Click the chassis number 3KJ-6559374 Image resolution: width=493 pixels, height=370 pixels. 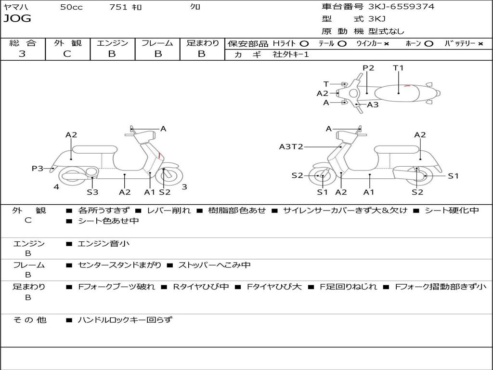click(401, 7)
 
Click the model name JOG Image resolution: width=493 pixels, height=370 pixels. click(17, 19)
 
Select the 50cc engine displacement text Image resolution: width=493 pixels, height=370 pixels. click(71, 7)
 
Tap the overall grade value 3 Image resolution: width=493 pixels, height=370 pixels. click(22, 54)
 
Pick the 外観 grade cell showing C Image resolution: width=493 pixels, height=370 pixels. click(67, 54)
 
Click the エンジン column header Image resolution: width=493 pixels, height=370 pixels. click(112, 43)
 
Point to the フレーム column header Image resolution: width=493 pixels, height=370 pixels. click(157, 43)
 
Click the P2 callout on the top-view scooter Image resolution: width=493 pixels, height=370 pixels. click(368, 68)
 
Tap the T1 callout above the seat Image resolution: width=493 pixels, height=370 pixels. click(398, 68)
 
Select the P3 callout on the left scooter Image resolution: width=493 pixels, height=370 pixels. click(37, 168)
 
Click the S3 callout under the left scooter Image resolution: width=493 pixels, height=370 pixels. click(92, 192)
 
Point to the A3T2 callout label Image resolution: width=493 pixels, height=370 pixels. click(291, 146)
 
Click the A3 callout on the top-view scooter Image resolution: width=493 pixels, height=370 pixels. click(373, 105)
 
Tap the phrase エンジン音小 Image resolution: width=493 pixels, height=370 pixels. click(104, 244)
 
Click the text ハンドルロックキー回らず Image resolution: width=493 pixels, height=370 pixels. click(125, 319)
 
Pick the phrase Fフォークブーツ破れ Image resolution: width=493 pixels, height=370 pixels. click(116, 287)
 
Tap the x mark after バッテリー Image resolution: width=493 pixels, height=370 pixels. click(480, 43)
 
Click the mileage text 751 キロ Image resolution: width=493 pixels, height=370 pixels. click(126, 7)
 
